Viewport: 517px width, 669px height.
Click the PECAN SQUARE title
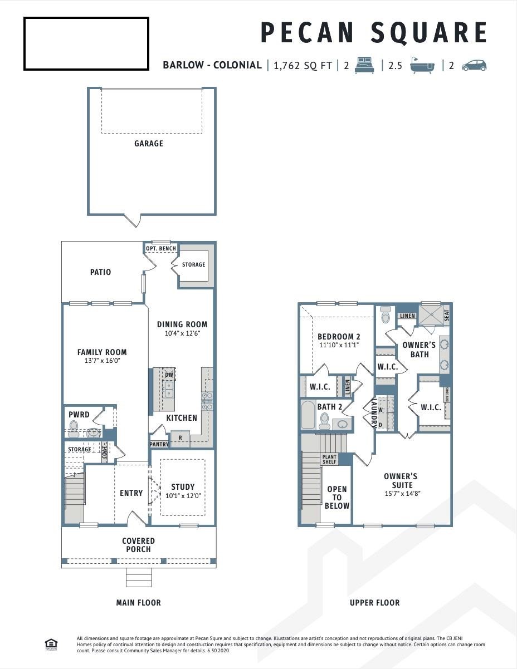[373, 33]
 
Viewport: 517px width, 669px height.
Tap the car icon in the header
[474, 65]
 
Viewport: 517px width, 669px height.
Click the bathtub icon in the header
[422, 65]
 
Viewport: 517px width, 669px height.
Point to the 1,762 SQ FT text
[303, 65]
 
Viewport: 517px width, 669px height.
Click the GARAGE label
[149, 144]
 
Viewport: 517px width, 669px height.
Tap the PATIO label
[101, 272]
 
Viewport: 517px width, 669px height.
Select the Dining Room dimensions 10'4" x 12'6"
[182, 334]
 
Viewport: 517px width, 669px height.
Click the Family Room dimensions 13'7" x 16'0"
[102, 361]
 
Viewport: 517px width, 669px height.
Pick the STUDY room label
[183, 487]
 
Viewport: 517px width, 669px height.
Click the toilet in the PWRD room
[74, 427]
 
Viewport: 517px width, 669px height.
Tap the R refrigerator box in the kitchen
[180, 438]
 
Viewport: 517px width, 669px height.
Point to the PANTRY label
[159, 444]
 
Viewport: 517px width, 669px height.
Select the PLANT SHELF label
[329, 459]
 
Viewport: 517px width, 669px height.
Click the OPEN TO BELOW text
[336, 498]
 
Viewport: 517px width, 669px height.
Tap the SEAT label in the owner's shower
[446, 315]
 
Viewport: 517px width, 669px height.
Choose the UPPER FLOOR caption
[374, 603]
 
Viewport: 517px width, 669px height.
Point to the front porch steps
[138, 577]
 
